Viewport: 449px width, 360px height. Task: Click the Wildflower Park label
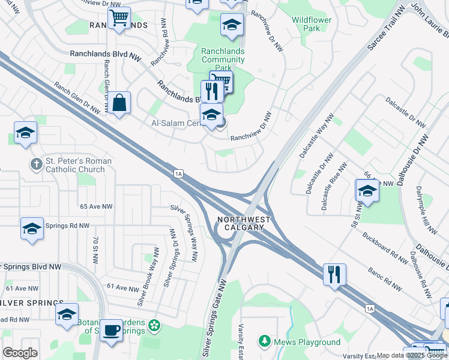(312, 24)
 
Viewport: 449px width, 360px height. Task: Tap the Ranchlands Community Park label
(223, 60)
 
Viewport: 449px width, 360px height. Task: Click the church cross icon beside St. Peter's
(37, 163)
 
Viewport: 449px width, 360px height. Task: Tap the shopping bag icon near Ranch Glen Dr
(120, 103)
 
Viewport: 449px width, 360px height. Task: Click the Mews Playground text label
(307, 343)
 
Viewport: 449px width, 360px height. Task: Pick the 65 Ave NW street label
(96, 206)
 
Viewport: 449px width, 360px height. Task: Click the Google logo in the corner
(20, 353)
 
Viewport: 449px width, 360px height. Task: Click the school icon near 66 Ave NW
(366, 192)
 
